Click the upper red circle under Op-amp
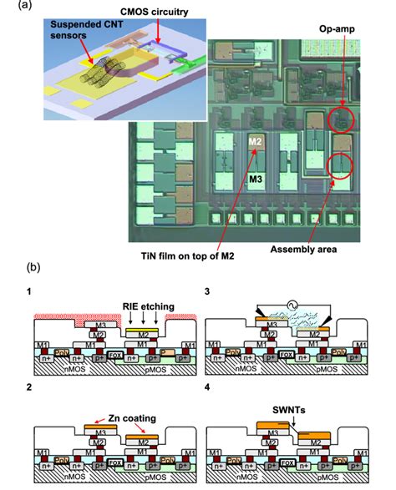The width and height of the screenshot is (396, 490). coord(340,122)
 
